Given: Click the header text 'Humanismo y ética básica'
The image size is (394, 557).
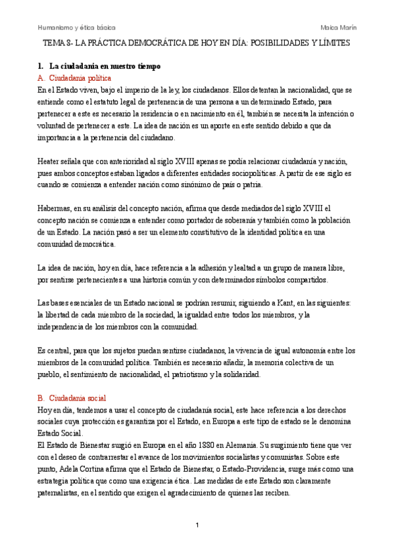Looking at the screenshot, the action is click(76, 28).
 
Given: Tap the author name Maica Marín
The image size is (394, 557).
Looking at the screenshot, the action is click(338, 28).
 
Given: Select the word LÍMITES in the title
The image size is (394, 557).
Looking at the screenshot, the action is click(330, 43).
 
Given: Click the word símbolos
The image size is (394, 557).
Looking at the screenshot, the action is click(280, 281).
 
